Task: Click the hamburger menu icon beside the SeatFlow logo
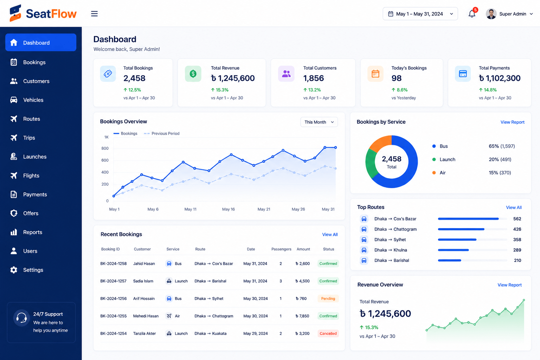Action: (x=94, y=14)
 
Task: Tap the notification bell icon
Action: (x=472, y=14)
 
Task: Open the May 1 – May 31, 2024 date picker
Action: (x=420, y=14)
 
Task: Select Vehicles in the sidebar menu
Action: (x=33, y=100)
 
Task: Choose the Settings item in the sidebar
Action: (x=33, y=270)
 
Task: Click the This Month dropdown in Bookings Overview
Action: (x=319, y=122)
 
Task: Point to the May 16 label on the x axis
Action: (x=228, y=209)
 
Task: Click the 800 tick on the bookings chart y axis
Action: (x=105, y=148)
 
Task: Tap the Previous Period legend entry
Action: (x=162, y=133)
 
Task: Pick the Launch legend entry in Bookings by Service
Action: (x=444, y=159)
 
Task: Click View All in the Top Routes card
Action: (x=514, y=207)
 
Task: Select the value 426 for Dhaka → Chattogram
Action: (x=517, y=229)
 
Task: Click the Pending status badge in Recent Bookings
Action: (x=328, y=298)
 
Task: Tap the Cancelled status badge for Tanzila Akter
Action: (x=328, y=334)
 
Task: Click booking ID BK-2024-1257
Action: (x=113, y=281)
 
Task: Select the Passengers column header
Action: (x=281, y=249)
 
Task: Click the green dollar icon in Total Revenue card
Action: (x=193, y=73)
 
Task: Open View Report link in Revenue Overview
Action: (x=509, y=285)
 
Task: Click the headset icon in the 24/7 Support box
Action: (x=21, y=318)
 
